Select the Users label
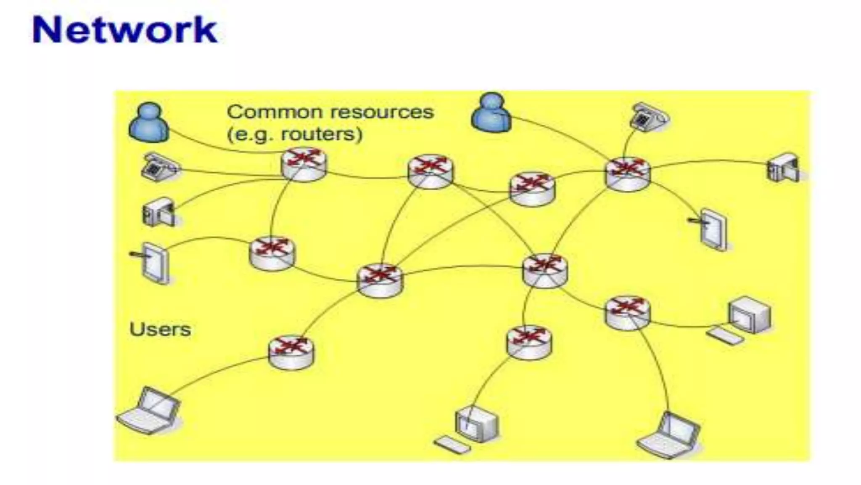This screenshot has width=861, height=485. pos(160,329)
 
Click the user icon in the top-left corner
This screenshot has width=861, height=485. pos(149,122)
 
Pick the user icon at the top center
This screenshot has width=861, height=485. pos(491,112)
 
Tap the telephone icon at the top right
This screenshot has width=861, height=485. pos(649,116)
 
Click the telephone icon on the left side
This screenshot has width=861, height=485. pos(158,167)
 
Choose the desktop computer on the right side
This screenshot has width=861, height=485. pos(743,320)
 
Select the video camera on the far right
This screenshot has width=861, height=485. pos(783,168)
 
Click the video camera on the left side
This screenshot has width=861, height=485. pos(158,212)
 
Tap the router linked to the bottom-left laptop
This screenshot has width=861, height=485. pos(291,352)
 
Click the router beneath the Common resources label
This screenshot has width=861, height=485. pos(304,164)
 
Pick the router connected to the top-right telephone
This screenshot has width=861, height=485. pos(628,173)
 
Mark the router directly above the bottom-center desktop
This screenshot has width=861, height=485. pos(529,342)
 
